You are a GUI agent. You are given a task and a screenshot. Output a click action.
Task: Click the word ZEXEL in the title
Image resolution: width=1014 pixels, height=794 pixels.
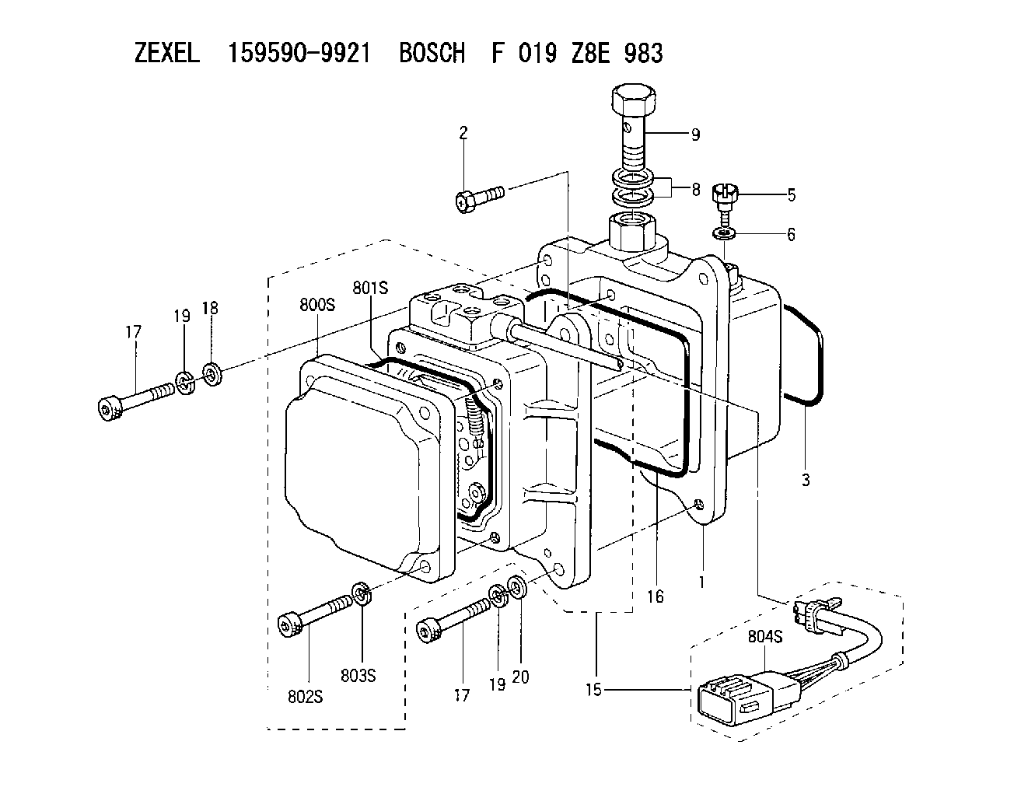coord(167,53)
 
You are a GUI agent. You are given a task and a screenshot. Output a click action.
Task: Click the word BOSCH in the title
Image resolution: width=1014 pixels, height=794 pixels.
coord(432,53)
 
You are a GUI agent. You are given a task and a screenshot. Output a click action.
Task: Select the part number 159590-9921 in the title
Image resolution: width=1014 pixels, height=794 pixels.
coord(299,53)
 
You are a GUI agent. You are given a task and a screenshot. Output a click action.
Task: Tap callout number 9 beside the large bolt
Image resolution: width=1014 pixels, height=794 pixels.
coord(695,135)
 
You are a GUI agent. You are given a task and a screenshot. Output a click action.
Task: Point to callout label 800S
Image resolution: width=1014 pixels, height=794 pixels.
coord(317,305)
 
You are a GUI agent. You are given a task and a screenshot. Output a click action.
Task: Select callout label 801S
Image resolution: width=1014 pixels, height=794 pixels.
coord(370,288)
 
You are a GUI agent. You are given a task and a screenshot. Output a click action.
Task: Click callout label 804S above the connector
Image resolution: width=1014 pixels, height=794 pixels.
coord(765,636)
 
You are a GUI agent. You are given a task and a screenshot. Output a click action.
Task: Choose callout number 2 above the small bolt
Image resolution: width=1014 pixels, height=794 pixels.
coord(463,133)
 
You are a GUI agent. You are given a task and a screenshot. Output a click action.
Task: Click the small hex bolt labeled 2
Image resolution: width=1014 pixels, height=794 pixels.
coord(480,199)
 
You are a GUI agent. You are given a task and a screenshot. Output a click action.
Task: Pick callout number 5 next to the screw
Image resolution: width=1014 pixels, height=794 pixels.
coord(792,194)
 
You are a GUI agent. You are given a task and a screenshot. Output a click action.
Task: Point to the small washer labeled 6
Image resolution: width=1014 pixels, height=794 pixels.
coord(725,232)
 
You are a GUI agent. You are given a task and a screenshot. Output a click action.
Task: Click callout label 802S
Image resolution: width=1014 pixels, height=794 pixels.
coord(305,697)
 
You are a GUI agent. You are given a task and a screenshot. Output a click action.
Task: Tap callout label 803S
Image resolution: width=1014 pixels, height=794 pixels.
coord(358,676)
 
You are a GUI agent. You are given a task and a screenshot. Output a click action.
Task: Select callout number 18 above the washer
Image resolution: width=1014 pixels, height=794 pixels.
coord(210,308)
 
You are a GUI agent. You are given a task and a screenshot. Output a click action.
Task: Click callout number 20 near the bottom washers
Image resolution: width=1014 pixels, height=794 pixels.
coord(520,677)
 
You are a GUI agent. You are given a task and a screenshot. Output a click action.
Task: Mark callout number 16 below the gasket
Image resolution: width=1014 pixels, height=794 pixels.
coord(656,596)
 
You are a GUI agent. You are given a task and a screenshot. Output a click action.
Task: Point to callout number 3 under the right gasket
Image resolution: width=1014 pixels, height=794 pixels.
coord(806,480)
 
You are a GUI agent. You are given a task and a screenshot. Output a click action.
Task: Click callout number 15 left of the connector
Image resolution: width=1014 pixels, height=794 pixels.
coord(593,690)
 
